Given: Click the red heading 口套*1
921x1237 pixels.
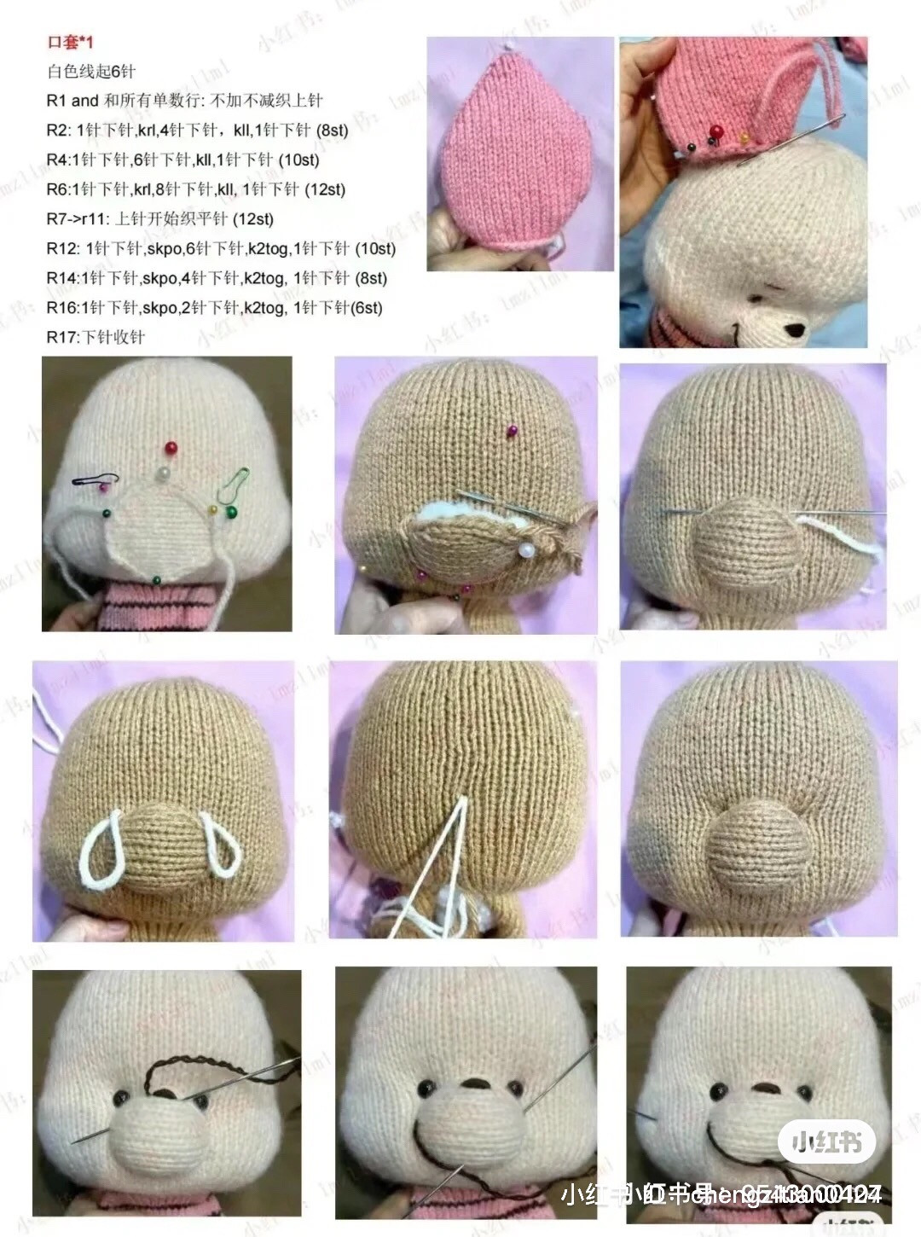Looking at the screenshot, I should point(70,42).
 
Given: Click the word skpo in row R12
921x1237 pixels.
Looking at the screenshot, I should point(162,248).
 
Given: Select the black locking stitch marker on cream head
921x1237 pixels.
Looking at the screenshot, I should point(90,479).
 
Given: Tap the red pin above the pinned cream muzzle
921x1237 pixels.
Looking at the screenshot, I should point(171,446).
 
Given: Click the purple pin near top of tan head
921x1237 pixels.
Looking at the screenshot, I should point(512,431).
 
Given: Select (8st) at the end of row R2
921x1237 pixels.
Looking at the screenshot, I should point(332,130).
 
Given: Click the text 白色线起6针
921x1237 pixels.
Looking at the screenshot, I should point(90,72).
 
